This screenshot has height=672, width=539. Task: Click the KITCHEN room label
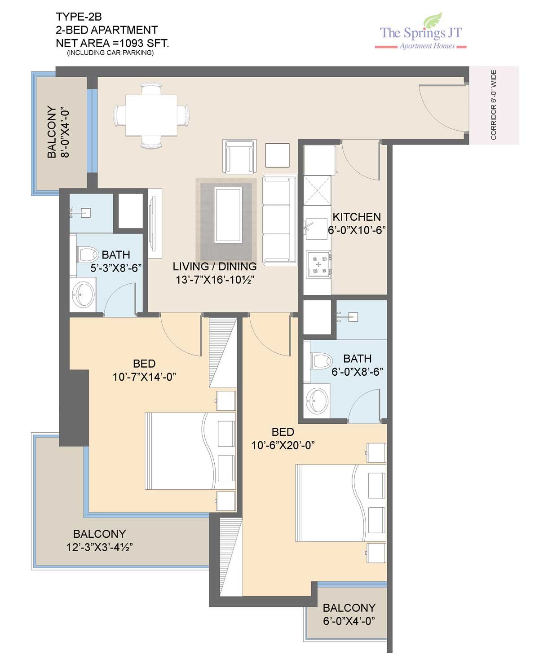[357, 217]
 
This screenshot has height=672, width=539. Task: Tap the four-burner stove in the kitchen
[319, 264]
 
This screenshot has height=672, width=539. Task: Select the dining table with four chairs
[151, 115]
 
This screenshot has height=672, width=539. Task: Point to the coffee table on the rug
[228, 215]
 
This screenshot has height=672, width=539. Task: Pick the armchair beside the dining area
[239, 156]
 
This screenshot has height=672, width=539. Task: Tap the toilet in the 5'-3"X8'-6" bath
[88, 255]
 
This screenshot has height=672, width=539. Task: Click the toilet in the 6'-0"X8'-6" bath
[321, 360]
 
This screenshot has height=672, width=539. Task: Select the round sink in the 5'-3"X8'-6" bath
[83, 294]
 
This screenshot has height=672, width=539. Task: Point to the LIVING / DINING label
[215, 266]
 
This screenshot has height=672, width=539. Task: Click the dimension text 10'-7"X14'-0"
[144, 377]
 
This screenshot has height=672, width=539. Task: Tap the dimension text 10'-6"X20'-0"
[283, 445]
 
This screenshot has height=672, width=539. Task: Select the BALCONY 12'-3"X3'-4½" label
[99, 540]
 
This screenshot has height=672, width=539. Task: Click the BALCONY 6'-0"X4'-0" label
[349, 615]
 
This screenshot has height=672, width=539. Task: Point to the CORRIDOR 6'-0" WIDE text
[493, 105]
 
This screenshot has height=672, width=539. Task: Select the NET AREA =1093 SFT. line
[112, 43]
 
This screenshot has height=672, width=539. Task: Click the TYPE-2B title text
[79, 16]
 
